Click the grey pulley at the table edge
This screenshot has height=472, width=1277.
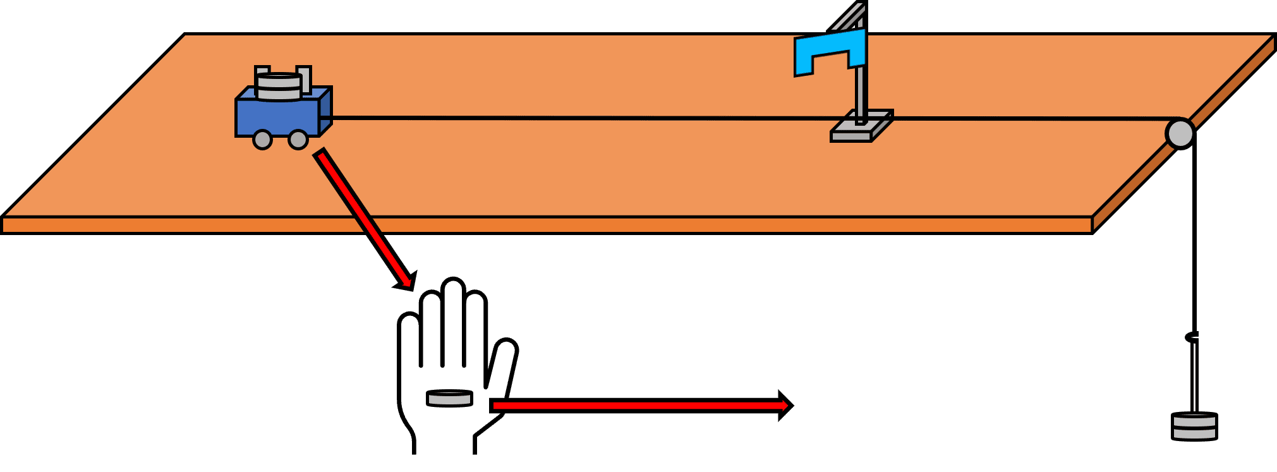click(x=1179, y=134)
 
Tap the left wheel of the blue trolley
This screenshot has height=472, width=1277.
click(x=262, y=140)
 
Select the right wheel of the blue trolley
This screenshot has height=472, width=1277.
click(x=298, y=140)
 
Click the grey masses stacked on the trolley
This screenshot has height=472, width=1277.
click(x=279, y=87)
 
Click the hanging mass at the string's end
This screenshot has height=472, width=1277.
click(x=1194, y=426)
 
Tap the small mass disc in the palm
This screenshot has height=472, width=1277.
click(x=449, y=398)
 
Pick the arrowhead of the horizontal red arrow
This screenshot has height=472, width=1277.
click(x=785, y=406)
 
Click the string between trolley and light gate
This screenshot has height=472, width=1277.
click(x=569, y=118)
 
